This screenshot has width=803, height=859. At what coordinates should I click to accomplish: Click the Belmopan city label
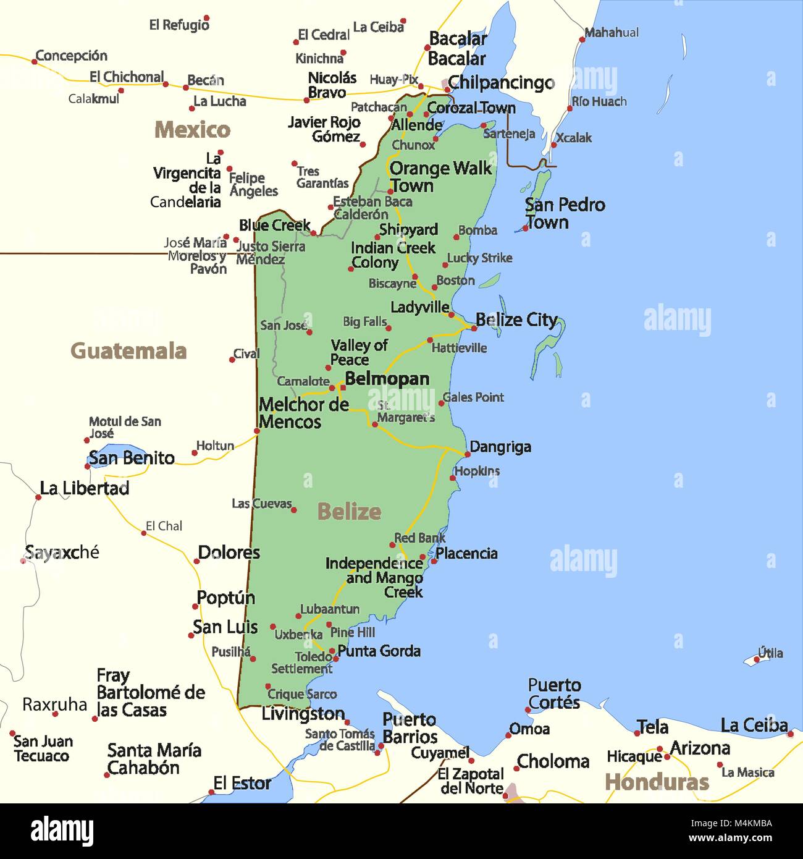tap(387, 379)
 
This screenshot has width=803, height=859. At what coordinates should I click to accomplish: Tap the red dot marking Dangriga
tap(466, 455)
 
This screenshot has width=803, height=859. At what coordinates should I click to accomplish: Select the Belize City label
tap(516, 320)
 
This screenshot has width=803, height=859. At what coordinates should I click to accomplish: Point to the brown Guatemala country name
tap(128, 351)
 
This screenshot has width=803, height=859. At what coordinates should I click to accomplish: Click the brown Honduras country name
tap(657, 782)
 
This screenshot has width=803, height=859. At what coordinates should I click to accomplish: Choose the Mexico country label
tap(192, 130)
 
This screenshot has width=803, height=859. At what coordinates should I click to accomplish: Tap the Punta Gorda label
tap(379, 651)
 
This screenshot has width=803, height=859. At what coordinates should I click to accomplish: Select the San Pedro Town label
tap(565, 213)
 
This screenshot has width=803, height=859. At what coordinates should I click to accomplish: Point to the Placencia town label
tap(466, 553)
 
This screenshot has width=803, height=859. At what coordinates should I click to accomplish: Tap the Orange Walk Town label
tap(440, 177)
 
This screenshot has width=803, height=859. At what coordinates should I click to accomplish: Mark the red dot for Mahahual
tap(582, 40)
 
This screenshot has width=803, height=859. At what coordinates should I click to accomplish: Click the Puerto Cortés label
tap(554, 693)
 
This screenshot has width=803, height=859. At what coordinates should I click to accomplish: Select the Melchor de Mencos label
tap(303, 413)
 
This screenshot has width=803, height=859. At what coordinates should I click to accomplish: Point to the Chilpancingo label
tap(501, 82)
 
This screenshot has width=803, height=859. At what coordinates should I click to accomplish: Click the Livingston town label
tap(303, 714)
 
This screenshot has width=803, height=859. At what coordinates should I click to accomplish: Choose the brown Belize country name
tap(349, 512)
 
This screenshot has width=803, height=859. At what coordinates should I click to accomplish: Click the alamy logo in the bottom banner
tap(62, 831)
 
